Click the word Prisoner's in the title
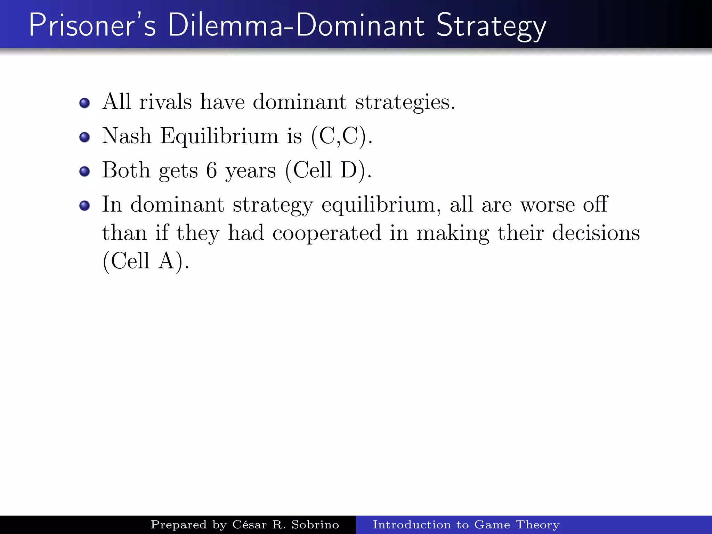coord(92,25)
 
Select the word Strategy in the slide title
coord(491,26)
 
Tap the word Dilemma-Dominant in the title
coord(296,25)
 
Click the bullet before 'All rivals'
coord(84,103)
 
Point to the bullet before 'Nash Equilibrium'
coord(84,137)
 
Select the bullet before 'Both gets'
coord(84,171)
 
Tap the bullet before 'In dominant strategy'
coord(84,205)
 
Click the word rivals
coord(165,102)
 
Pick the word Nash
coord(127,136)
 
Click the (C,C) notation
coord(342,136)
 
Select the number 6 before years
coord(211,171)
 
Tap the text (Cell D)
coord(328,171)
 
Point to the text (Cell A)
coord(146,261)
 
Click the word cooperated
coord(326,233)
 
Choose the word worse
coord(547,205)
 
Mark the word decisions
coord(596,233)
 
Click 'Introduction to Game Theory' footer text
coord(466,525)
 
